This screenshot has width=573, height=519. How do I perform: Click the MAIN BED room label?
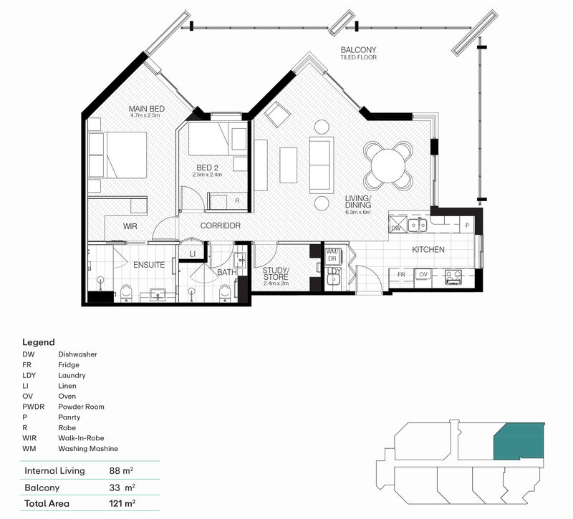[147, 108]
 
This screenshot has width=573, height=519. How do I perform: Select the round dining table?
[387, 164]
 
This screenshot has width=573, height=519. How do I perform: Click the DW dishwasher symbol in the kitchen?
[395, 228]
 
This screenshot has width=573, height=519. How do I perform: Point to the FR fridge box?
[402, 273]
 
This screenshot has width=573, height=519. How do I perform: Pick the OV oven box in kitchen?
[423, 273]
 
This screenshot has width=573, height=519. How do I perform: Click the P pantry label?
[467, 224]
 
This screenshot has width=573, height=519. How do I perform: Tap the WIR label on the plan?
[130, 226]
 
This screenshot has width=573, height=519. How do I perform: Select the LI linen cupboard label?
[193, 253]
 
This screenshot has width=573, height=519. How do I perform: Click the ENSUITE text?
[149, 265]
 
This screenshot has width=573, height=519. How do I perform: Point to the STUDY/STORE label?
[275, 273]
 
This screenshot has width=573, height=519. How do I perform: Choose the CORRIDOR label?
[220, 226]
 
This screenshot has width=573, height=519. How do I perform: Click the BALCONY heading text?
[358, 50]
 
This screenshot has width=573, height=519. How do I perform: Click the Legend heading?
[39, 342]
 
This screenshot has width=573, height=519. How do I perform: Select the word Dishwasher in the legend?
[77, 354]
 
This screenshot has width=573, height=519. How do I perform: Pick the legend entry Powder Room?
[81, 407]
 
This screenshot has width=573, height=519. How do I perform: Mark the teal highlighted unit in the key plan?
[519, 440]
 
